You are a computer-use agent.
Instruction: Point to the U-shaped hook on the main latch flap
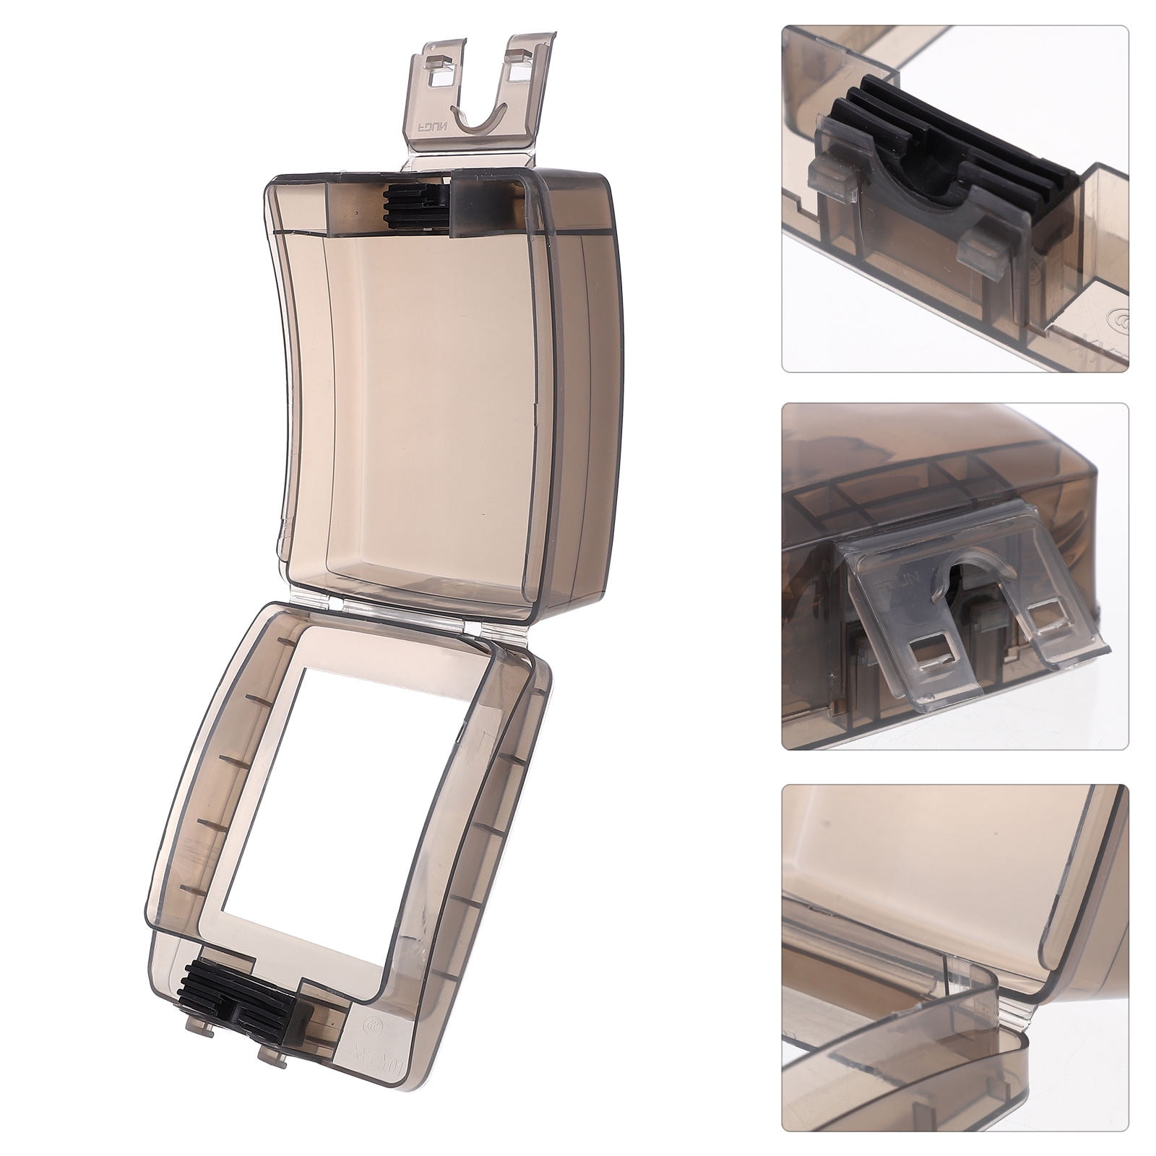(477, 116)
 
